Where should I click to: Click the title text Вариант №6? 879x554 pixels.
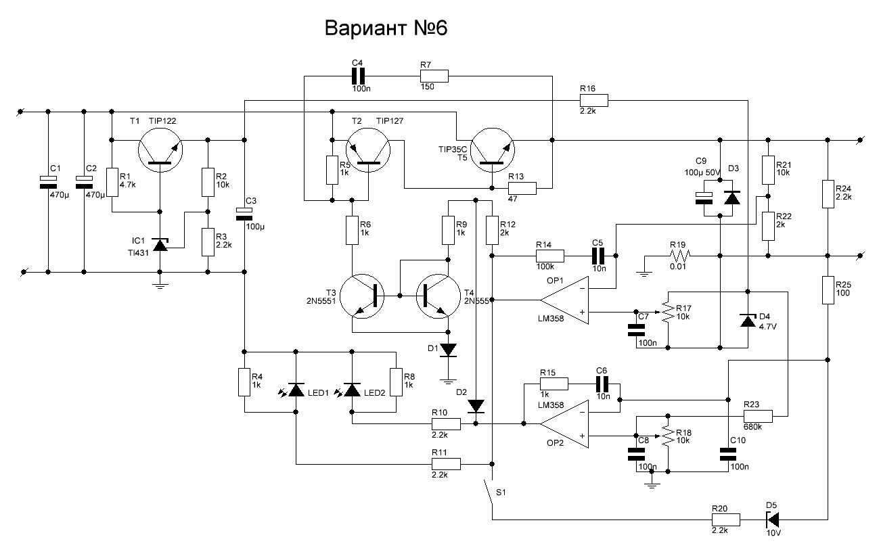[386, 28]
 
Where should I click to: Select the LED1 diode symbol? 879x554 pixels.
[296, 390]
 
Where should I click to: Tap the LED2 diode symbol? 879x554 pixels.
[352, 390]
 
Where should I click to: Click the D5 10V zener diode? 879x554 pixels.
[772, 520]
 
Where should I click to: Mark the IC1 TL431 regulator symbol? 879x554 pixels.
[160, 244]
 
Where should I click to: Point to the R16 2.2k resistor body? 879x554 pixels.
[594, 101]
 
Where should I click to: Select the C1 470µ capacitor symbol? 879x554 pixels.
[48, 181]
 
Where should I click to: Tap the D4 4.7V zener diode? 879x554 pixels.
[747, 320]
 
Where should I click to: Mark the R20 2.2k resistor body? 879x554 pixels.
[725, 520]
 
